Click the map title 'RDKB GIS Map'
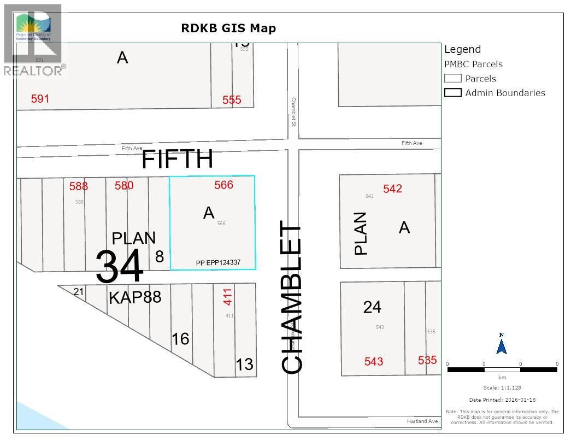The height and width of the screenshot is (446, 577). click(x=228, y=28)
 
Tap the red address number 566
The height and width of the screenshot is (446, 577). click(x=223, y=185)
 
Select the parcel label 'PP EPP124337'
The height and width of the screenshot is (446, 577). click(x=226, y=263)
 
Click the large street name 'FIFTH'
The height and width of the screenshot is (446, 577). click(x=177, y=159)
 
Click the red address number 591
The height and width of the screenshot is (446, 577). click(x=40, y=98)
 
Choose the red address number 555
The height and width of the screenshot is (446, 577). click(x=232, y=100)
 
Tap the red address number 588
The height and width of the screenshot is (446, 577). click(x=79, y=186)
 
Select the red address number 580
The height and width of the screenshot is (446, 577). click(x=124, y=185)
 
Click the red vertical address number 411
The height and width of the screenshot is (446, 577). click(x=228, y=296)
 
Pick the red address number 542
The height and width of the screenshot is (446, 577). click(x=392, y=189)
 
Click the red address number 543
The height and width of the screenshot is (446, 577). click(x=374, y=361)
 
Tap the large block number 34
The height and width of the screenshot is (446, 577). click(x=120, y=266)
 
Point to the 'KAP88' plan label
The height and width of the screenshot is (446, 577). click(x=135, y=297)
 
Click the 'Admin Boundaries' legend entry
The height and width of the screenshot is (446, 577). click(x=505, y=92)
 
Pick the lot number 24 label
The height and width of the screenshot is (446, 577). click(x=372, y=307)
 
